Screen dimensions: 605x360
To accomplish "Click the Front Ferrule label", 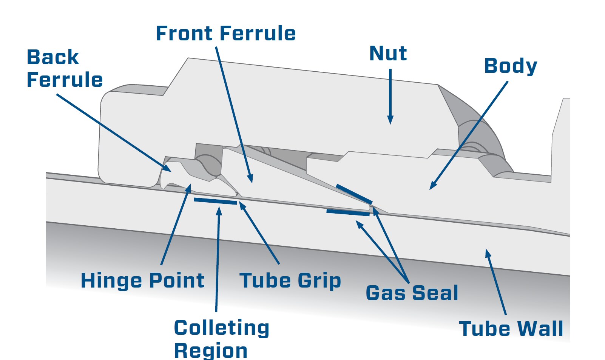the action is point(226,34).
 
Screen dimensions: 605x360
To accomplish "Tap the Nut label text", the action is point(388,53).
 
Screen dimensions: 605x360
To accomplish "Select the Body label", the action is point(511,66).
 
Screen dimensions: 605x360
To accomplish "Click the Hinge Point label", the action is point(142,281).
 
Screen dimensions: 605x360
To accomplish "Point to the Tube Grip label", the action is point(290,281).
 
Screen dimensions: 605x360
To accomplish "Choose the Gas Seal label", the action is point(412,293).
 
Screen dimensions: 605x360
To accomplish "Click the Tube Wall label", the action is point(511,329).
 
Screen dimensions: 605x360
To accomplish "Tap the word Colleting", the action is point(221,328).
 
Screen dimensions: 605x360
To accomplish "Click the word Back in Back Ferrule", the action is point(53,57).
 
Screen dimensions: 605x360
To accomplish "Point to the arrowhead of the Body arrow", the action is point(433,185).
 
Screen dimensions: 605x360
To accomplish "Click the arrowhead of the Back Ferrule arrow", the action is point(167,168).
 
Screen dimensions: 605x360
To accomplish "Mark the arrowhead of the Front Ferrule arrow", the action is point(250,178).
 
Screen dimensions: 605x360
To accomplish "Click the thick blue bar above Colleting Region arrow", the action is point(216,201).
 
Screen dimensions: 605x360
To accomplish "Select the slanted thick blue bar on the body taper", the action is point(354,194).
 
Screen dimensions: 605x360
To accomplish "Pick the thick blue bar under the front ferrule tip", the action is point(348,212).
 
